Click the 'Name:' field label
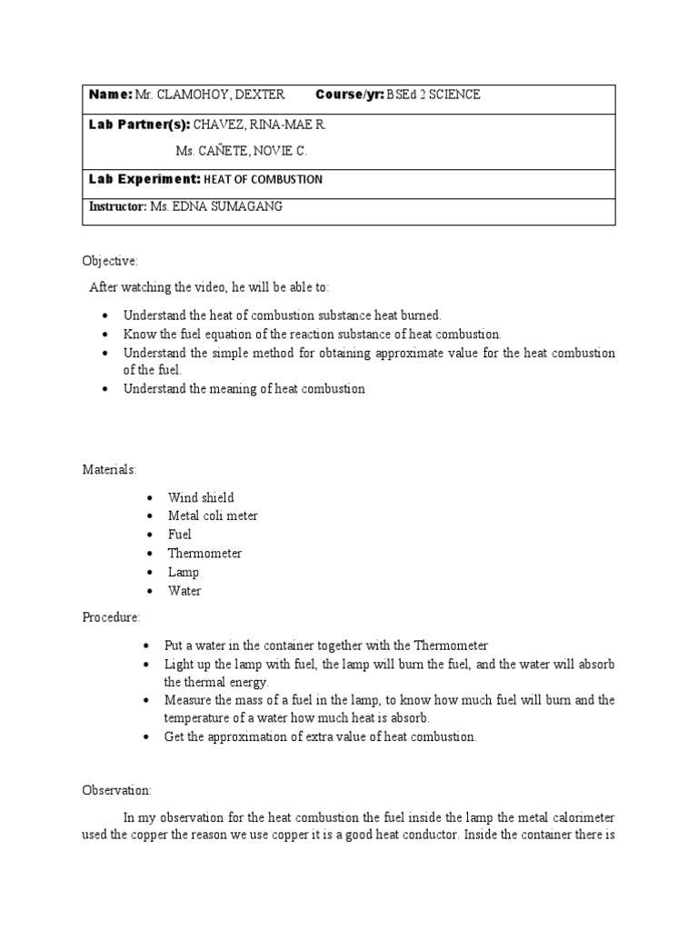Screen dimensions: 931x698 click(110, 95)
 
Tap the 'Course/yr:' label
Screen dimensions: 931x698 click(350, 95)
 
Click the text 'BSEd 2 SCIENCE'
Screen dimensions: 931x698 click(434, 95)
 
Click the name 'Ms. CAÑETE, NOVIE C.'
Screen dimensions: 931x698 click(234, 151)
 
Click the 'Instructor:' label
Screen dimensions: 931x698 click(117, 206)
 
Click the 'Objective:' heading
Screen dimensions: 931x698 click(110, 261)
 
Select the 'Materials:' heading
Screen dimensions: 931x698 click(109, 469)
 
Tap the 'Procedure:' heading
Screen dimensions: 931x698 click(112, 617)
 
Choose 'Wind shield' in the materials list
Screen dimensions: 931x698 click(201, 497)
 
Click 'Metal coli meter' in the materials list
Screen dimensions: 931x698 click(213, 516)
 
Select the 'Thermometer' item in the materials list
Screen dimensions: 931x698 click(204, 553)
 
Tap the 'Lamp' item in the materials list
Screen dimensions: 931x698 click(184, 572)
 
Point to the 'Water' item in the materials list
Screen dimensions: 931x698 click(184, 590)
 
